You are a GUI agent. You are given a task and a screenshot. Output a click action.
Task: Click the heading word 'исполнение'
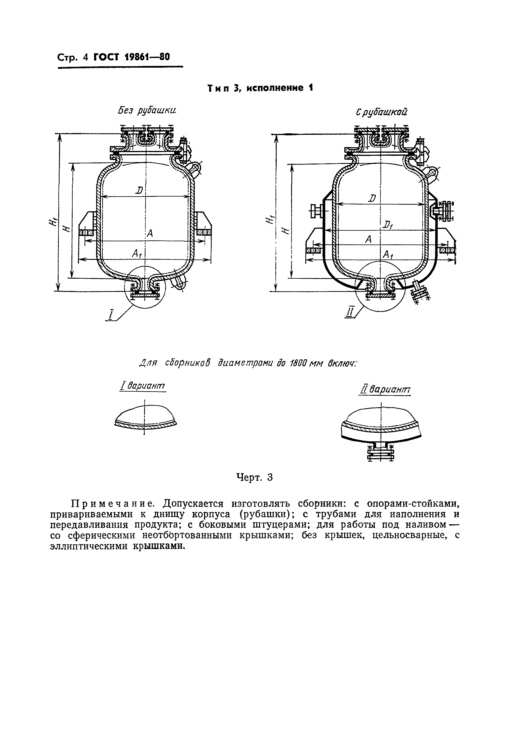click(x=274, y=88)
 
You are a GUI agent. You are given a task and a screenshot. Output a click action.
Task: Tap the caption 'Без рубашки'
click(x=147, y=111)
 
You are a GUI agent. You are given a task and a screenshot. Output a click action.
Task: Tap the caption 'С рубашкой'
click(x=381, y=112)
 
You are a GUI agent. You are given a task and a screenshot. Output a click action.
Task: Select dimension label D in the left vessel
click(x=139, y=190)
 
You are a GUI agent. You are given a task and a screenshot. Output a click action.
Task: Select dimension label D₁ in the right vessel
click(x=387, y=225)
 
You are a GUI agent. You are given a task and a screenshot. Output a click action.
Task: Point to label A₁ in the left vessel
click(x=137, y=253)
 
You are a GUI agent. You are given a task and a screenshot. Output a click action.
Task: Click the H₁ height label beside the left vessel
click(x=53, y=220)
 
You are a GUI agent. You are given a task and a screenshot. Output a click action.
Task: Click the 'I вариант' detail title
click(x=143, y=386)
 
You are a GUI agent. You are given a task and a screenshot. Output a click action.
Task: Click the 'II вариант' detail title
click(x=385, y=390)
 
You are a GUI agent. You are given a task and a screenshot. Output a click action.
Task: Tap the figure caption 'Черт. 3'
click(x=254, y=478)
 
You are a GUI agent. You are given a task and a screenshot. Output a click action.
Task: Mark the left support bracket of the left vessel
click(x=87, y=224)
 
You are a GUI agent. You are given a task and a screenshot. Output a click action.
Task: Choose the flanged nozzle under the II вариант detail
click(x=381, y=451)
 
